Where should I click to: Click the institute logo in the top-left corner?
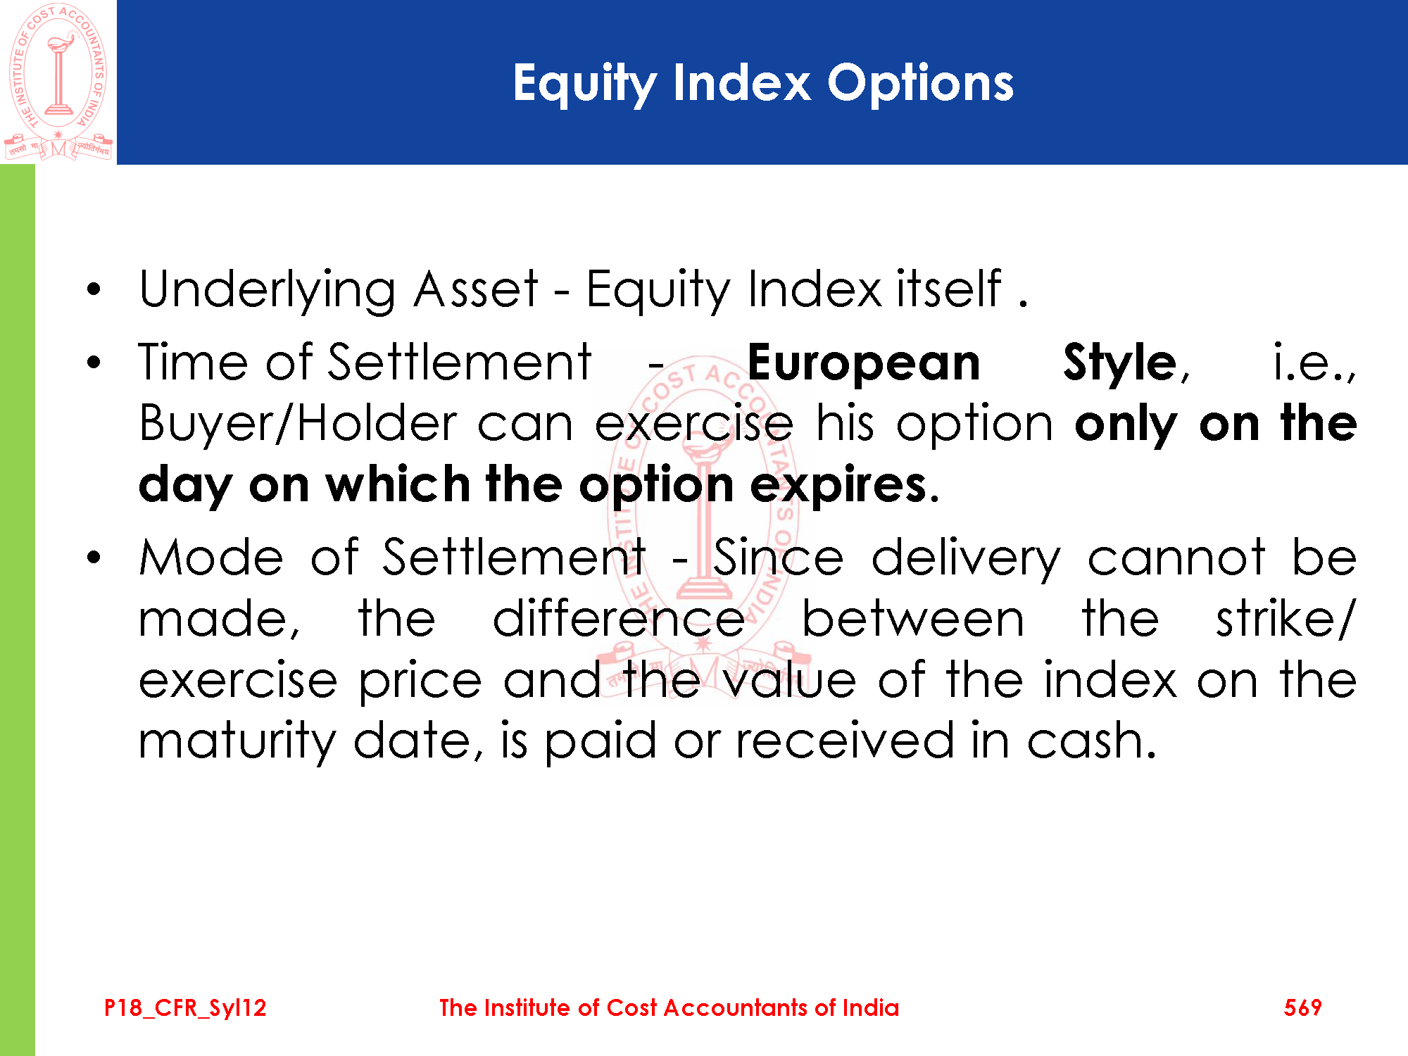click(58, 82)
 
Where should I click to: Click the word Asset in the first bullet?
click(476, 289)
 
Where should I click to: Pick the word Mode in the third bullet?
click(211, 558)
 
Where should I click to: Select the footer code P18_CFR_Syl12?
click(185, 1008)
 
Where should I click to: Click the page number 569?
click(1302, 1007)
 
